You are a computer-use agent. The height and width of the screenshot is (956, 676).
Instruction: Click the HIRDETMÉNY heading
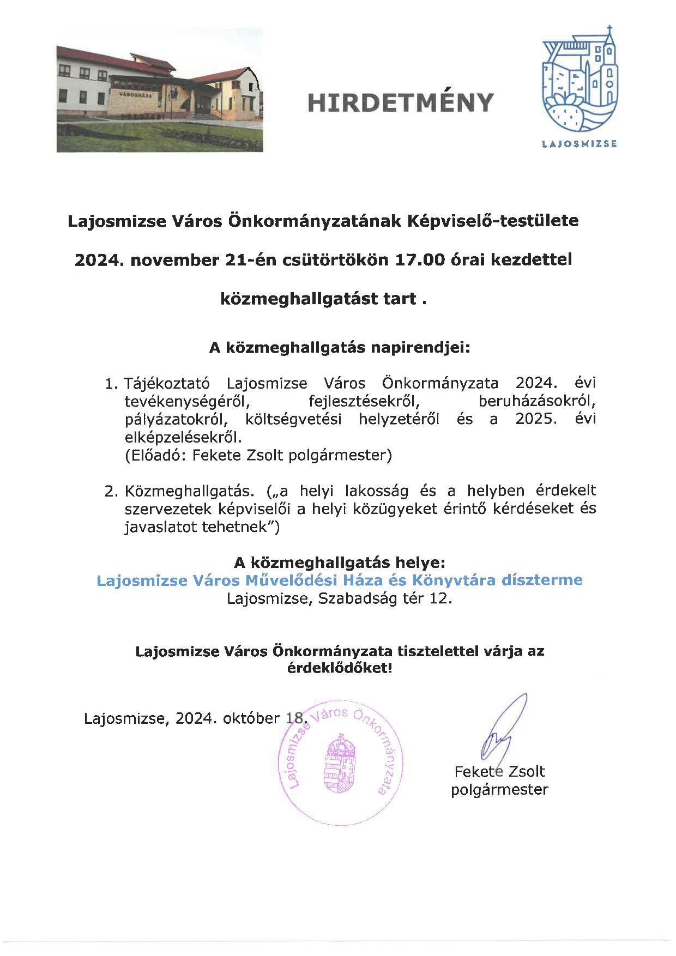point(400,102)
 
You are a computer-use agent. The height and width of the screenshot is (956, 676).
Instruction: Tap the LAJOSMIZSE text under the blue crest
point(580,144)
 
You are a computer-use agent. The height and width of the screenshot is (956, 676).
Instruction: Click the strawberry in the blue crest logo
point(563,114)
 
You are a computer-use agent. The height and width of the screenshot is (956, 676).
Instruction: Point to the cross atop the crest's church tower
point(609,29)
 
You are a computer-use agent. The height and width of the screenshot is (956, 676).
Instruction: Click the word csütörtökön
point(321,260)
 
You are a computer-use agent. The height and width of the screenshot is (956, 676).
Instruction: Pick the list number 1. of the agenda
point(111,384)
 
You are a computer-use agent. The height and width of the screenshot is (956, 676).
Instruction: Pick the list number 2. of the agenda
point(111,491)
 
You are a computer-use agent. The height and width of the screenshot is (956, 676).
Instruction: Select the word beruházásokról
point(537,402)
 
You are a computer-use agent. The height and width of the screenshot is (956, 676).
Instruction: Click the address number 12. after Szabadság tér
point(441,598)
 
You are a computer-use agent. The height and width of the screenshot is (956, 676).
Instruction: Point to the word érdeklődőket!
point(339,668)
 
